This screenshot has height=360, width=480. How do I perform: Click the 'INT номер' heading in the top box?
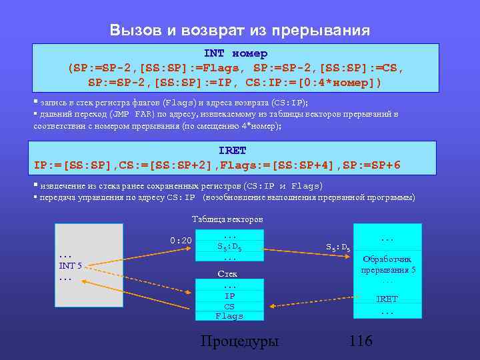click(235, 53)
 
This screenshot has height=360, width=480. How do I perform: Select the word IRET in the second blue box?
click(233, 151)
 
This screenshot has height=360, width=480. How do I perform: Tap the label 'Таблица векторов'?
click(227, 219)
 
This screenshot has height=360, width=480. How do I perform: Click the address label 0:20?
click(180, 240)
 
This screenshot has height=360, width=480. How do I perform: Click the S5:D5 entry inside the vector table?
click(229, 247)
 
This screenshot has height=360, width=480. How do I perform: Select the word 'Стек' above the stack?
click(227, 273)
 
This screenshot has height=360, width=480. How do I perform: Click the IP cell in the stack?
click(229, 296)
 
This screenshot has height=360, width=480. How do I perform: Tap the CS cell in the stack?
click(229, 306)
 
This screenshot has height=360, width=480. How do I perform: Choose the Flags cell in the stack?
click(229, 316)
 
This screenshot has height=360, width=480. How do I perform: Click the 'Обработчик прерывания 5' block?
click(387, 265)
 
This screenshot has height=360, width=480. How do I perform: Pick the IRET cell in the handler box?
click(387, 299)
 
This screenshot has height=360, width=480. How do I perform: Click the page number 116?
click(361, 341)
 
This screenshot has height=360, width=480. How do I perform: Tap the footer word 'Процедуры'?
click(240, 341)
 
